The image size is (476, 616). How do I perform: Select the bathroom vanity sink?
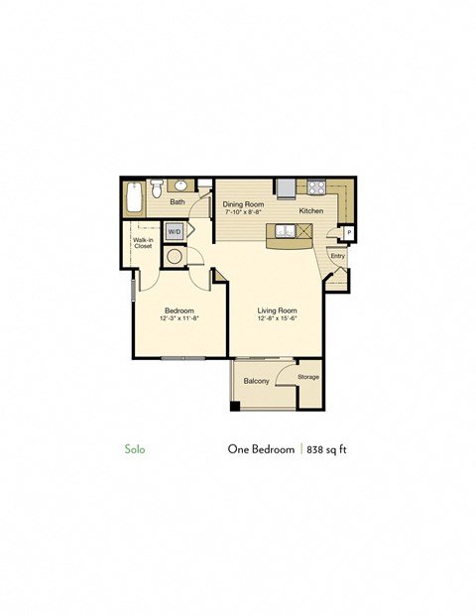[182, 185]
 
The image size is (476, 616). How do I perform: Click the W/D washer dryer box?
[175, 231]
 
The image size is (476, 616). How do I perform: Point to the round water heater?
[175, 256]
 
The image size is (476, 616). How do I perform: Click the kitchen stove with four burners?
[315, 186]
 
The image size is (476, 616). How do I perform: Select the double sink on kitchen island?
[285, 231]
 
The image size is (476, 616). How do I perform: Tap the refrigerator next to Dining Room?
[286, 187]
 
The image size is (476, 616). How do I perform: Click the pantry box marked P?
[349, 233]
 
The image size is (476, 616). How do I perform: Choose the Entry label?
[337, 256]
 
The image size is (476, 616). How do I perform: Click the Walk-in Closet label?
[143, 243]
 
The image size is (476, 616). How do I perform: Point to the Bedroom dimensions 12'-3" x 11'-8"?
[179, 318]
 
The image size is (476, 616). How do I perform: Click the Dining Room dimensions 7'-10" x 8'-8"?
[243, 211]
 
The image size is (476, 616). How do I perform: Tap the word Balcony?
[257, 381]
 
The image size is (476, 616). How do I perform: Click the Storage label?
[308, 377]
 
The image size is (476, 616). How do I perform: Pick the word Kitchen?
[311, 211]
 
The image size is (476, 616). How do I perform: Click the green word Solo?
[135, 448]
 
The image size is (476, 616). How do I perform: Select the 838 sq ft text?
[327, 448]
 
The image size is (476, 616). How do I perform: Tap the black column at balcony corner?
[235, 405]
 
